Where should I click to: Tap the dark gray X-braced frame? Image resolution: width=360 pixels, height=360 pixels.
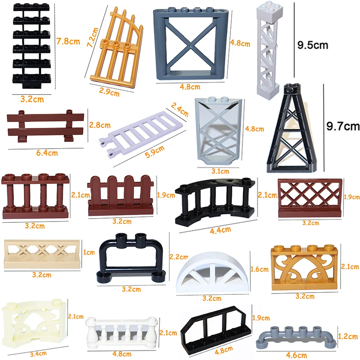pyautogui.click(x=191, y=44)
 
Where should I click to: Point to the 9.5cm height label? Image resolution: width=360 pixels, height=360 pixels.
pyautogui.click(x=313, y=45)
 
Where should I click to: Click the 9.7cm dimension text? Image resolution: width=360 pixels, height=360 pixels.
pyautogui.click(x=342, y=126)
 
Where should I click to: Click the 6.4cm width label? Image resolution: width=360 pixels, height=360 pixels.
pyautogui.click(x=45, y=153)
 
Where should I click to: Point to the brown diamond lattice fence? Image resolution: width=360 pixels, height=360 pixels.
pyautogui.click(x=310, y=198)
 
